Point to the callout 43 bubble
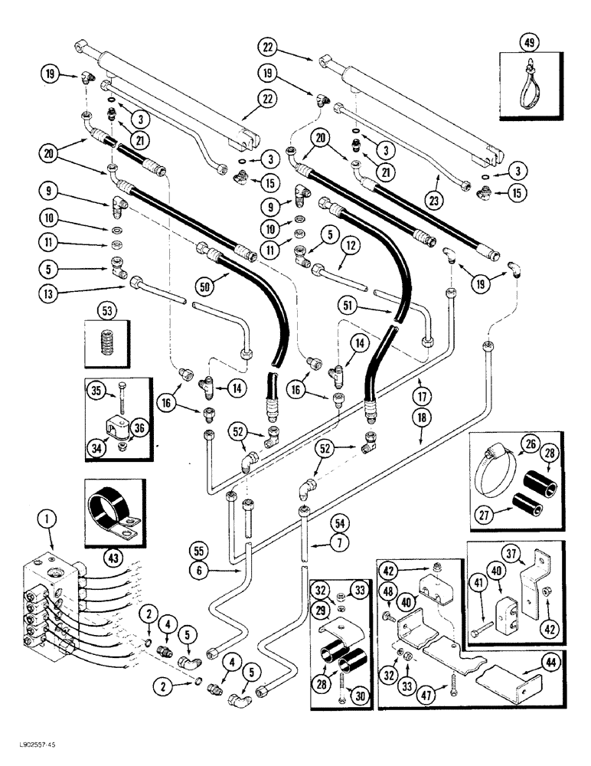tap(112, 539)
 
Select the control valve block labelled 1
tap(54, 605)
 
